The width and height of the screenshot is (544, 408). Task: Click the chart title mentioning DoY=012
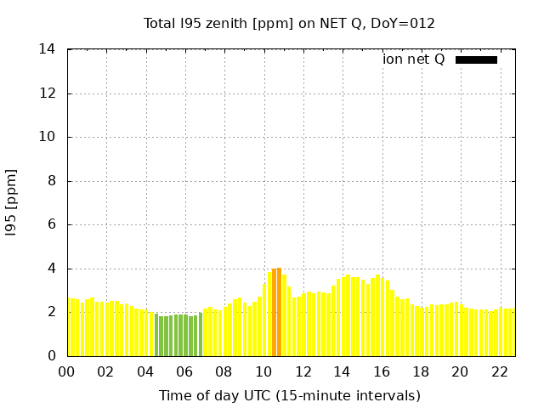[x=289, y=23]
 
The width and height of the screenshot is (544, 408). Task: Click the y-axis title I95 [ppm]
[x=11, y=202]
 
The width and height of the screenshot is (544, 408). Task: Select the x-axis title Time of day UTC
[x=289, y=395]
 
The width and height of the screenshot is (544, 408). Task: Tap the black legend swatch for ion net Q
[x=476, y=59]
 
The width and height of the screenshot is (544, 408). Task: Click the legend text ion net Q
[x=413, y=59]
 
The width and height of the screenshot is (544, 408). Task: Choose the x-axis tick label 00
[x=66, y=371]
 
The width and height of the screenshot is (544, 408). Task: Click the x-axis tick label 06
[x=184, y=371]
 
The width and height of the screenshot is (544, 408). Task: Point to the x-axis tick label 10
[x=263, y=371]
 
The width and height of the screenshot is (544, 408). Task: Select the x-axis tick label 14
[x=342, y=371]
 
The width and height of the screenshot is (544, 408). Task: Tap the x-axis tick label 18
[x=421, y=371]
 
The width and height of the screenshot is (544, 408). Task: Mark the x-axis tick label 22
[x=499, y=371]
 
